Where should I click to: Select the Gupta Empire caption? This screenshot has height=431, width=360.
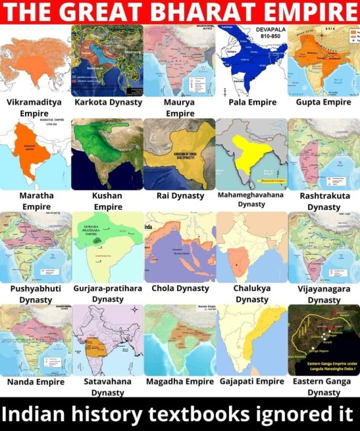(323, 103)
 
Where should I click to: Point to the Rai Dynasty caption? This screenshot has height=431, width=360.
(180, 195)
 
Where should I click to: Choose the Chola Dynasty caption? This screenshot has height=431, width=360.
(180, 288)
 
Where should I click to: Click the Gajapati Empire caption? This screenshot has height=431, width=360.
(251, 381)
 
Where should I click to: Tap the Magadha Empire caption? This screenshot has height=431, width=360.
(180, 381)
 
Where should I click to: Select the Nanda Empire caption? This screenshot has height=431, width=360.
(36, 382)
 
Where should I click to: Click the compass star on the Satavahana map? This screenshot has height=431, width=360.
(134, 309)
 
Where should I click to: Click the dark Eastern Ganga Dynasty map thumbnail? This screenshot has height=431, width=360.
(323, 340)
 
